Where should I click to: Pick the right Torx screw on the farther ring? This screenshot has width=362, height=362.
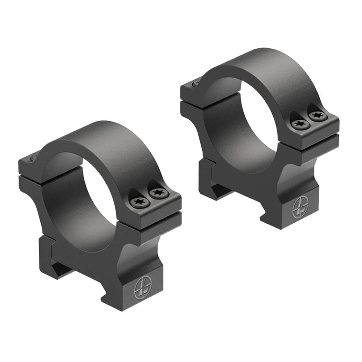point(317,116)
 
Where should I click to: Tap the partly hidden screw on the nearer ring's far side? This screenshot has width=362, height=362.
point(32,156)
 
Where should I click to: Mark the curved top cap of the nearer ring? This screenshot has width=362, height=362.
point(109,145)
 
